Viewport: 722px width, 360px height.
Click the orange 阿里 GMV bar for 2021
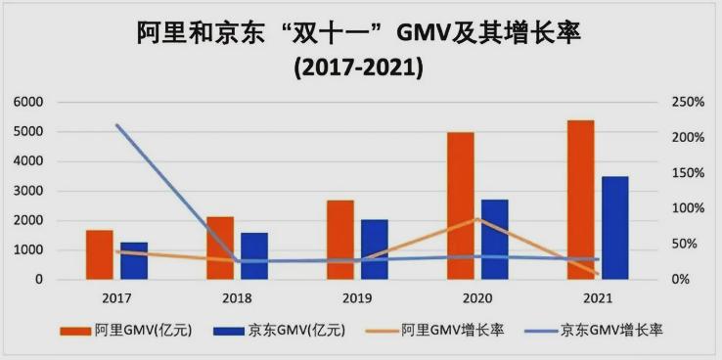[x=580, y=200]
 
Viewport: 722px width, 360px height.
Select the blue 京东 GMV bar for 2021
[x=615, y=228]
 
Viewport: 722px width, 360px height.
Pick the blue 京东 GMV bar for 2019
[x=374, y=249]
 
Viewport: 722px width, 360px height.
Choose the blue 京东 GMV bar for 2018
[x=253, y=255]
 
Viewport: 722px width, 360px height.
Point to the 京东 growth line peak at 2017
[x=116, y=125]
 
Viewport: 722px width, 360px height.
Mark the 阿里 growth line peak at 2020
[x=476, y=218]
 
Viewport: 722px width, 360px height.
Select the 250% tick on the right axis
[x=688, y=102]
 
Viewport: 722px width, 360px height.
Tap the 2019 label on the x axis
[x=357, y=296]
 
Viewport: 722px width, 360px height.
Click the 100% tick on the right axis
[x=688, y=208]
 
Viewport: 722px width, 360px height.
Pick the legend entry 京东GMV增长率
[x=610, y=331]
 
